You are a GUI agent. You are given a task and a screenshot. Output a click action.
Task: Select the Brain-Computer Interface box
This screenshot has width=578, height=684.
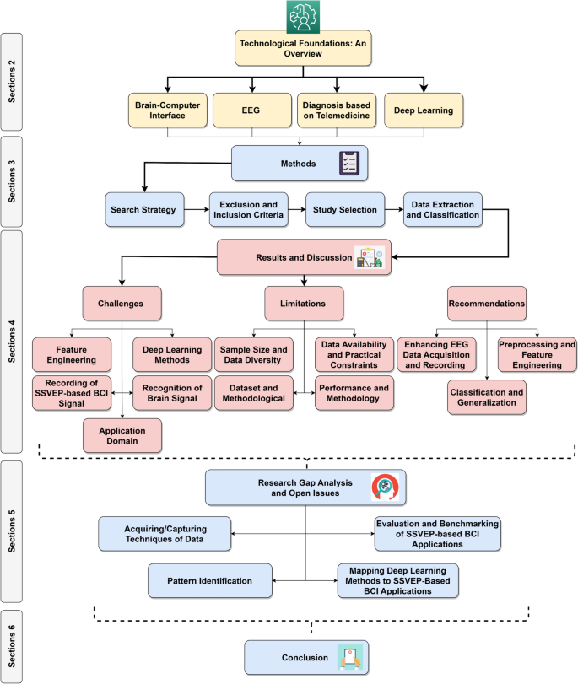[166, 110]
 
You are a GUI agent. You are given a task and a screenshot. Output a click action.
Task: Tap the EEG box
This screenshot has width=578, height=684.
[252, 110]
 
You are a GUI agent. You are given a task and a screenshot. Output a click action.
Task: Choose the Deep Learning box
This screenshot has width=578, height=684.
[424, 110]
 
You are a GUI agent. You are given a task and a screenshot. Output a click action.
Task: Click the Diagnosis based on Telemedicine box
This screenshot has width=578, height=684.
[338, 110]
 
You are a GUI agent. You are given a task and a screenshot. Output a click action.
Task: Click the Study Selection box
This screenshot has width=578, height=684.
[344, 209]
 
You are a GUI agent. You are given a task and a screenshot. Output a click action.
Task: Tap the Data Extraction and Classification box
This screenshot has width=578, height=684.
[443, 209]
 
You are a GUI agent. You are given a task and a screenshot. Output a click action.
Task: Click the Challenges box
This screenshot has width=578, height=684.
[123, 303]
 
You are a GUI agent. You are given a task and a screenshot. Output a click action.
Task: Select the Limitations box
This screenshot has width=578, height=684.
[304, 303]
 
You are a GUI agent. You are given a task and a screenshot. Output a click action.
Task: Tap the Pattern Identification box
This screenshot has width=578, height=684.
[212, 580]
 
